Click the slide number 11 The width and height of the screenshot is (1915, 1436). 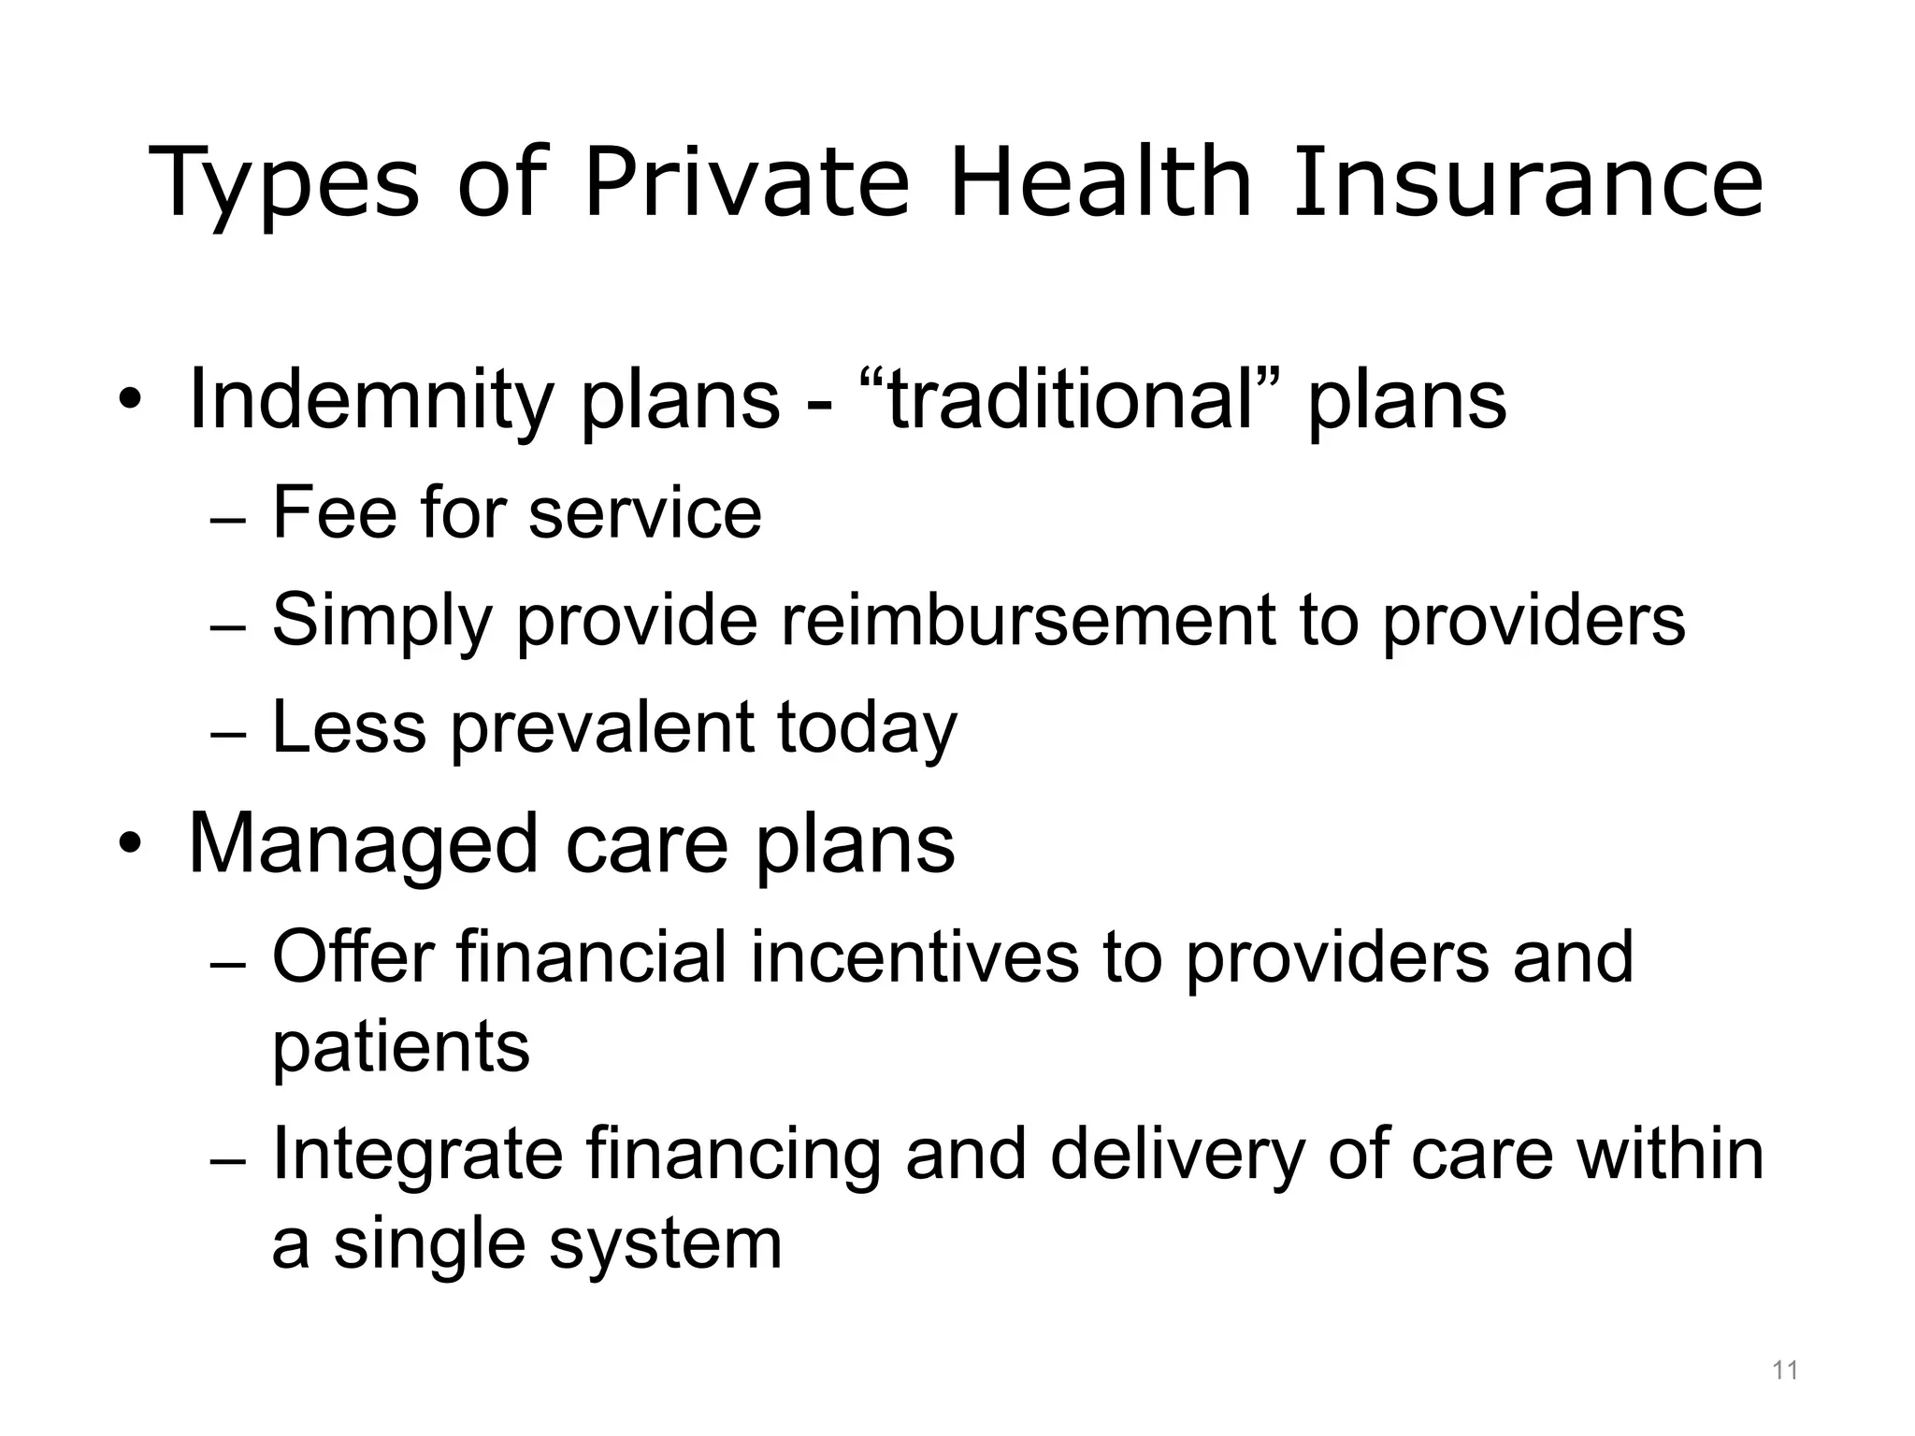click(x=1785, y=1371)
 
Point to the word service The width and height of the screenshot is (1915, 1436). click(x=644, y=513)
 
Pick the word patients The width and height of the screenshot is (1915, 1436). click(x=401, y=1048)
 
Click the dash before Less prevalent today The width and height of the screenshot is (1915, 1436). click(x=228, y=734)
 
